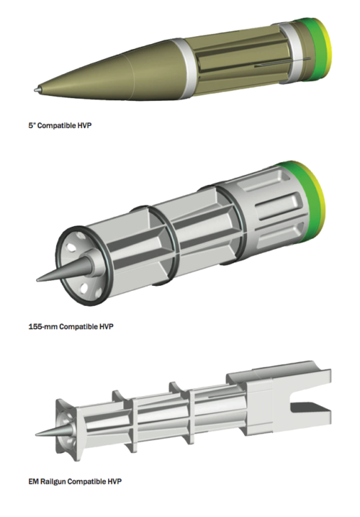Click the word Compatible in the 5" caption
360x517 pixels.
point(58,125)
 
